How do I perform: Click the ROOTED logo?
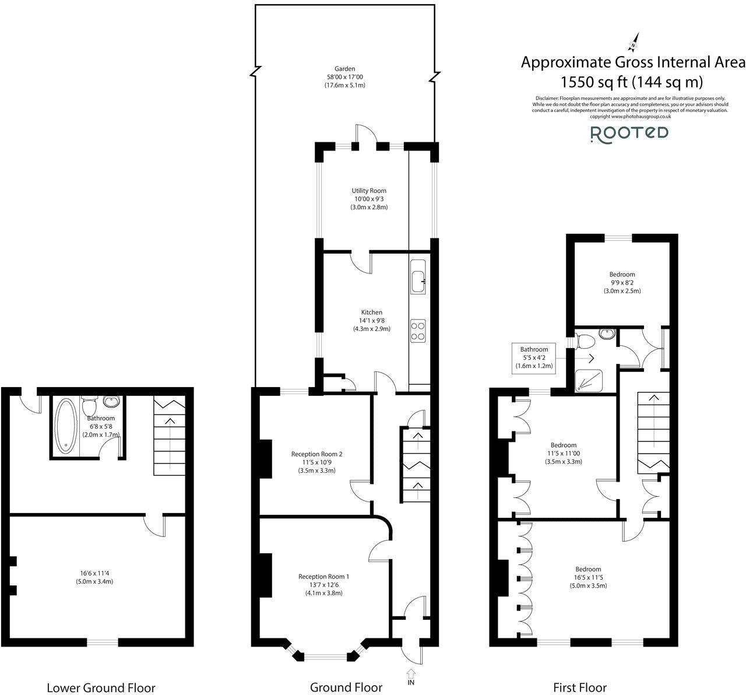(629, 134)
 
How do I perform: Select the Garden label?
(345, 69)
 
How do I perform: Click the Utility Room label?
(368, 191)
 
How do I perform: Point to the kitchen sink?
(419, 279)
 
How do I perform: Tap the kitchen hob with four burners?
(418, 331)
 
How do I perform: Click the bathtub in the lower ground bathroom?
(65, 426)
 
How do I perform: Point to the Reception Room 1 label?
(323, 576)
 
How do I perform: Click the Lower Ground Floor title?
(101, 687)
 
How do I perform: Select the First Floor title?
(580, 687)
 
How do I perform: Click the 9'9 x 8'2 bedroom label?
(622, 282)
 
